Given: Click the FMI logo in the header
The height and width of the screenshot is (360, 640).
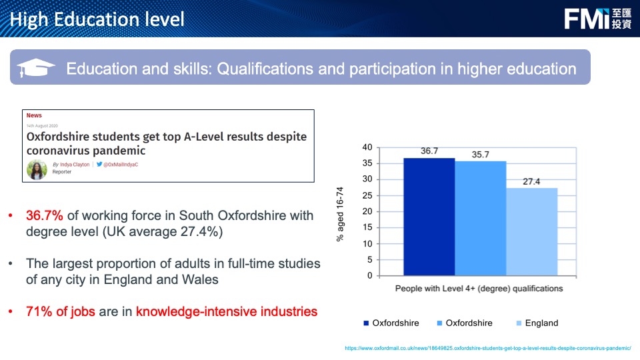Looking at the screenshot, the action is point(597,19).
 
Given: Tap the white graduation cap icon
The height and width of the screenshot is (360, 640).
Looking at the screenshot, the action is point(36,67).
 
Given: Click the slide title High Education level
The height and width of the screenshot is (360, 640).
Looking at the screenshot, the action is point(97,19).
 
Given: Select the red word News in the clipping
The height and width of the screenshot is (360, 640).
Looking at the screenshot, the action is point(34,115).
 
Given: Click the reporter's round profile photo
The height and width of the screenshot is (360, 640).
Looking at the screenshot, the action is point(37,169).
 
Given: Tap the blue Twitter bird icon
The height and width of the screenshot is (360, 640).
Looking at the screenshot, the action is point(99,164).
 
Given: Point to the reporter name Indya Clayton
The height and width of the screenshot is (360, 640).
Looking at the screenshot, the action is point(75,165).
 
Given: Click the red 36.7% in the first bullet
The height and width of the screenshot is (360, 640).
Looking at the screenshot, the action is point(45,215).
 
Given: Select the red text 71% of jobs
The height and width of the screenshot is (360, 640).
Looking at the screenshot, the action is point(61,311).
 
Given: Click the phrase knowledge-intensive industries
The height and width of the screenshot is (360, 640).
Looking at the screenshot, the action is point(227,311).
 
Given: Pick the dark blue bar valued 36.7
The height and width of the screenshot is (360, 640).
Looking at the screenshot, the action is point(429,217).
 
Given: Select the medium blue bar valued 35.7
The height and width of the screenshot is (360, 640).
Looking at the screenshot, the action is point(481,219).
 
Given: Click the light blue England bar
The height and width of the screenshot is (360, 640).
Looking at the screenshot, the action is point(532,232).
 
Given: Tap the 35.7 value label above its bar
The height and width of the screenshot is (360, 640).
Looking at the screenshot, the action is point(481,155).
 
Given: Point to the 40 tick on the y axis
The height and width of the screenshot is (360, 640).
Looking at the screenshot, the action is point(367,147).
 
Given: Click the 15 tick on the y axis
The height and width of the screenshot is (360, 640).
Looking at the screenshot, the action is point(367,227).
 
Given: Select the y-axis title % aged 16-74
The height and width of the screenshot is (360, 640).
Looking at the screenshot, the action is point(340,214).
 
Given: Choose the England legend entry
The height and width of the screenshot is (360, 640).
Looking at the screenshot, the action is point(537,323).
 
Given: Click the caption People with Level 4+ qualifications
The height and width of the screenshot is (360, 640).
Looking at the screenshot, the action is point(479,289).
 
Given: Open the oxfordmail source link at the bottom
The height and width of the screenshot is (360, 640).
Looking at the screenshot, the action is point(488,348).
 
